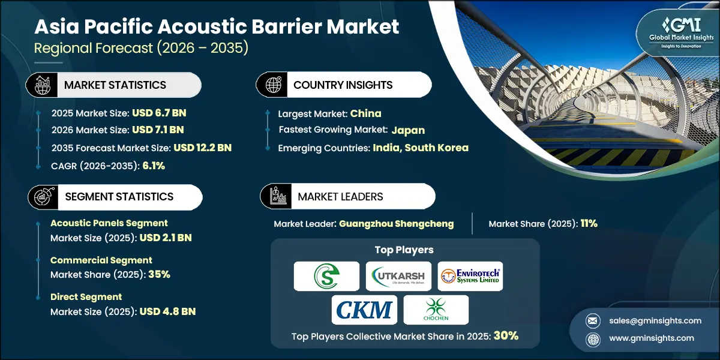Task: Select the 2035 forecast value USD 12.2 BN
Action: click(202, 148)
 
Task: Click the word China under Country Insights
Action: click(366, 113)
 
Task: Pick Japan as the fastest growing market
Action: click(408, 130)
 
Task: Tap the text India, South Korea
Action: click(421, 148)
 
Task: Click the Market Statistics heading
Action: click(115, 85)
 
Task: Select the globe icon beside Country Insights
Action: click(274, 85)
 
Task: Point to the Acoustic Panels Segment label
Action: click(109, 223)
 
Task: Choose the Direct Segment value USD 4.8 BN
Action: click(167, 311)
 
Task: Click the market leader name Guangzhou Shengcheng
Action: click(396, 224)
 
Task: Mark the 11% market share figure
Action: click(588, 224)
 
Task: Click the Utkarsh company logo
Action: click(398, 276)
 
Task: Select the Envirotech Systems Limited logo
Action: click(470, 276)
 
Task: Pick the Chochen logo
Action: click(436, 310)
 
